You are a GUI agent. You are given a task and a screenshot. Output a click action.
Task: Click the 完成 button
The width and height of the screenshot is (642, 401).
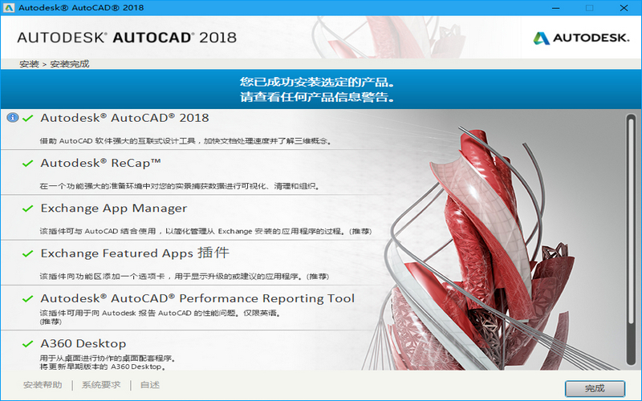pyautogui.click(x=595, y=388)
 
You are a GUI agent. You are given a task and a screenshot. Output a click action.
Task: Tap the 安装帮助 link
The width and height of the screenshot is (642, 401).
pyautogui.click(x=43, y=385)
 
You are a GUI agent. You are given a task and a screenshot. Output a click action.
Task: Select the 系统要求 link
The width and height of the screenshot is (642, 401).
pyautogui.click(x=101, y=385)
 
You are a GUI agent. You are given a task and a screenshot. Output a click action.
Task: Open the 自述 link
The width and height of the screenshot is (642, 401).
pyautogui.click(x=149, y=385)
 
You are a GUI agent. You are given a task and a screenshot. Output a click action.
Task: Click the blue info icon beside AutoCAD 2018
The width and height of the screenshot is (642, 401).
pyautogui.click(x=12, y=118)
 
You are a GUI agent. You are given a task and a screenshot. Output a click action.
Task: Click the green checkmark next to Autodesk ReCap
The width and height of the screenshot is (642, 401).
pyautogui.click(x=28, y=164)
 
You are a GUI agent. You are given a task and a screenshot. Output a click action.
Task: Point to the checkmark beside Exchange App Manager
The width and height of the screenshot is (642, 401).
pyautogui.click(x=28, y=209)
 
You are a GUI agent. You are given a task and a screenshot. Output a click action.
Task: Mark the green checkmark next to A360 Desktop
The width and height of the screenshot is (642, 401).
pyautogui.click(x=28, y=344)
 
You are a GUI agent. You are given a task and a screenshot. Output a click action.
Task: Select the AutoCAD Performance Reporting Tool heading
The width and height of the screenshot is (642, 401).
pyautogui.click(x=197, y=298)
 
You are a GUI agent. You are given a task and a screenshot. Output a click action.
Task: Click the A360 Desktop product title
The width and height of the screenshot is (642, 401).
pyautogui.click(x=83, y=343)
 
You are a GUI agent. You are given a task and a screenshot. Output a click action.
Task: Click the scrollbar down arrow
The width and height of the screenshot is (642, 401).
pyautogui.click(x=630, y=363)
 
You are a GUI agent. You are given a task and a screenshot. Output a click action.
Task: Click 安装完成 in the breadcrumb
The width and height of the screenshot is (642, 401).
pyautogui.click(x=70, y=64)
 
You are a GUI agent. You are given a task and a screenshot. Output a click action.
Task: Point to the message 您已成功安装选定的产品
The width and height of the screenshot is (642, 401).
pyautogui.click(x=320, y=82)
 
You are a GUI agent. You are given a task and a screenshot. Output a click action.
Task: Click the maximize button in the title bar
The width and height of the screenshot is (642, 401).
pyautogui.click(x=590, y=8)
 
